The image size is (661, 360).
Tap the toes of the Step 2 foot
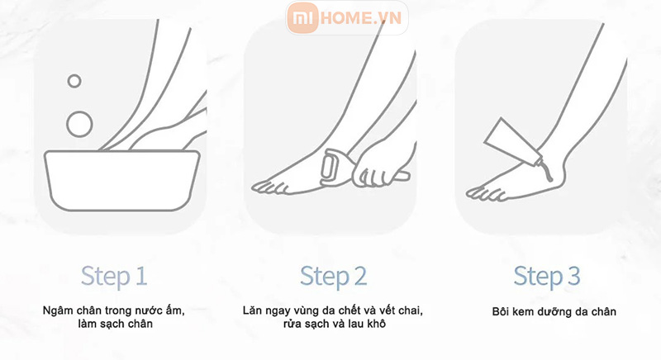pos(270,187)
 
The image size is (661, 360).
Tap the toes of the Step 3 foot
pos(485,193)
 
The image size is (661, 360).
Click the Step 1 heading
pos(114,277)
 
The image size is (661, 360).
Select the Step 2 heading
pos(333,277)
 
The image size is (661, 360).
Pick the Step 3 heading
pos(547,277)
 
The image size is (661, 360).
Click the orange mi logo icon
pos(302,17)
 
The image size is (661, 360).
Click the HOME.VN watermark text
pos(361,17)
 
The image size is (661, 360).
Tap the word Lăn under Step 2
pos(252,310)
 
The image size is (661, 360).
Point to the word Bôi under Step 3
pos(502,311)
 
